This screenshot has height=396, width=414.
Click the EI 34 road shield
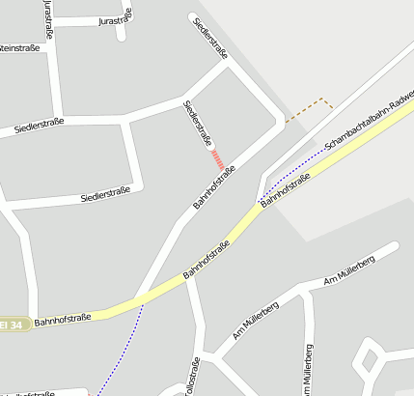pos(10,325)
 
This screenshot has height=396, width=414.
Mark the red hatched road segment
pos(218,159)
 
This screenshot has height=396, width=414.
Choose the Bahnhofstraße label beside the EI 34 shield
pos(62,318)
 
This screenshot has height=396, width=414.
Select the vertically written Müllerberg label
pos(308,372)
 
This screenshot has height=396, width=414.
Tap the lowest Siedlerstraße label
pos(105,196)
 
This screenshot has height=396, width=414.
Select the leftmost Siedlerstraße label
pos(40,125)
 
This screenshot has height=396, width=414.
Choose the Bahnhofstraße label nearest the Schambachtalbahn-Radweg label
pos(286,187)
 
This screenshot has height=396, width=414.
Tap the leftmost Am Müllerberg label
pos(256,320)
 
